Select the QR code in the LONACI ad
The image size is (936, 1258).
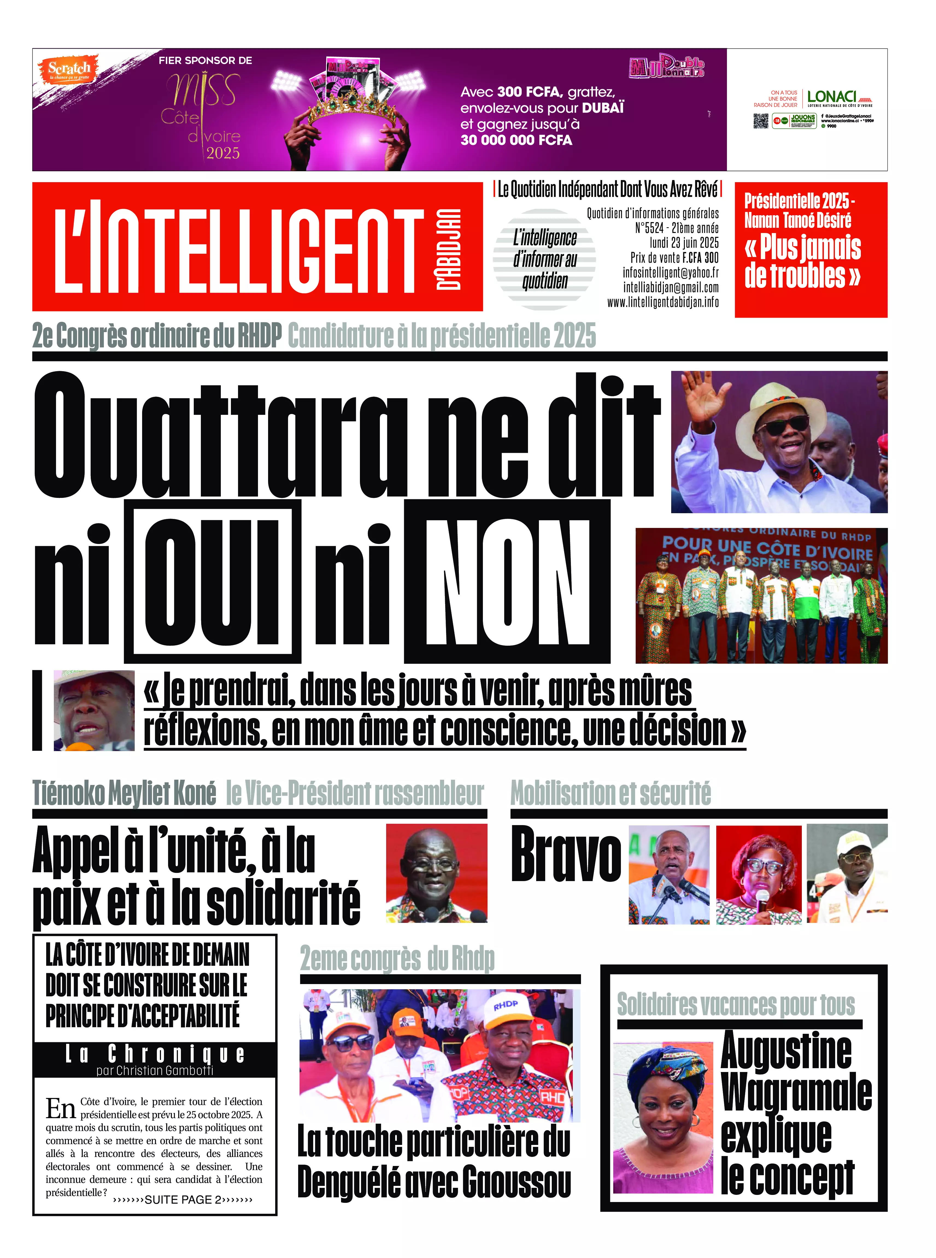[x=760, y=121]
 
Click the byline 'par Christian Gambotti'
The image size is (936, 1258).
[x=155, y=1071]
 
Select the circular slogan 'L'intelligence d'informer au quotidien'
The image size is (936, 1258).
[x=544, y=259]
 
